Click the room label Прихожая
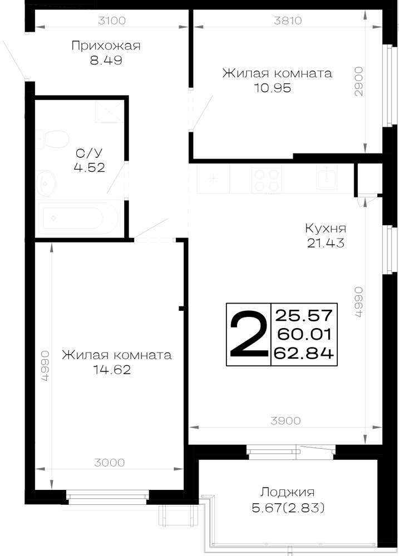pyautogui.click(x=106, y=46)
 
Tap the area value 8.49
pyautogui.click(x=106, y=60)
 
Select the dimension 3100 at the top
pyautogui.click(x=112, y=21)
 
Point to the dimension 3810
pyautogui.click(x=288, y=21)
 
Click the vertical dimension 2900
pyautogui.click(x=359, y=82)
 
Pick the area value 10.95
pyautogui.click(x=272, y=88)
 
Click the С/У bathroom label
pyautogui.click(x=89, y=153)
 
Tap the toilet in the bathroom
pyautogui.click(x=53, y=139)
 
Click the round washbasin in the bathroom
pyautogui.click(x=46, y=182)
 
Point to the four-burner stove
pyautogui.click(x=266, y=180)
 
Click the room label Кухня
pyautogui.click(x=326, y=228)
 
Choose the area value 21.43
pyautogui.click(x=326, y=243)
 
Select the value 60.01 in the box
pyautogui.click(x=304, y=334)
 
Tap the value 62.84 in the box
pyautogui.click(x=304, y=353)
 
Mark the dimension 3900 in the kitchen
pyautogui.click(x=285, y=421)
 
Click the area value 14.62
pyautogui.click(x=112, y=370)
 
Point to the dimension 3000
pyautogui.click(x=109, y=463)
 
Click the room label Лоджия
pyautogui.click(x=288, y=493)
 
